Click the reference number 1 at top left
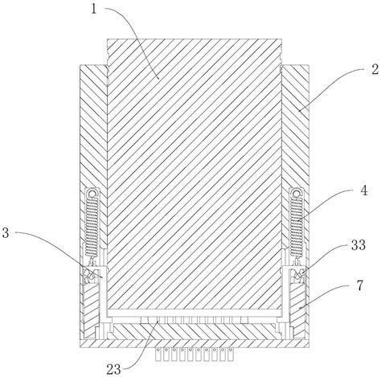click(x=94, y=9)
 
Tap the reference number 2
click(x=375, y=69)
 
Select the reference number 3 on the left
click(x=6, y=232)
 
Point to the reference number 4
click(x=363, y=191)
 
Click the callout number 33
click(x=358, y=244)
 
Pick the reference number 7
click(x=359, y=285)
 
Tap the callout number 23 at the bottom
click(x=114, y=370)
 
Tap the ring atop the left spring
click(x=92, y=194)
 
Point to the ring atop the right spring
click(x=296, y=194)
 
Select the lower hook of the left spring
click(x=92, y=260)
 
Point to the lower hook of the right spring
click(x=297, y=260)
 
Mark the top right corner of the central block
click(x=281, y=39)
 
